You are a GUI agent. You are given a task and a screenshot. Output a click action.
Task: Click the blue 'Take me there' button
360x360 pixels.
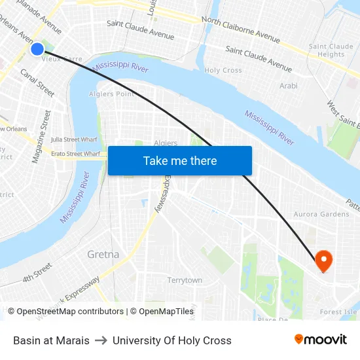coord(179,160)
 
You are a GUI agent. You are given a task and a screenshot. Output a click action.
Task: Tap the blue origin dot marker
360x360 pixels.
coord(37,48)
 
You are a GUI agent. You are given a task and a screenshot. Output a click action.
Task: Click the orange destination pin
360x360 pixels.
coord(323,261)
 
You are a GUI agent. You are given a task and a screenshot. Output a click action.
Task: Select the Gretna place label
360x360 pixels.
coord(103,254)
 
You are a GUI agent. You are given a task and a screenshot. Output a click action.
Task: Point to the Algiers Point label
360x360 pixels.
coord(111,94)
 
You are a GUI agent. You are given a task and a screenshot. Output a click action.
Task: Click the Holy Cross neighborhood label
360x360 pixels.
coord(223,70)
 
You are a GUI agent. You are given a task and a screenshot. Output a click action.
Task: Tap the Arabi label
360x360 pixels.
coord(289,86)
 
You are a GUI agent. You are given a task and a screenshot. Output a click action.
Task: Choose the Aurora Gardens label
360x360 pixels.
coord(321,214)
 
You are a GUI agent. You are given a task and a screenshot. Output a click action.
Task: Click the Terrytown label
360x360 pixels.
coord(185,280)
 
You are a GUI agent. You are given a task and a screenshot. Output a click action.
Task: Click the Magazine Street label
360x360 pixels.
coord(41,136)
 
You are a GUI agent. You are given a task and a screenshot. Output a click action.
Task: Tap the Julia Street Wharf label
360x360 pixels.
coord(75,139)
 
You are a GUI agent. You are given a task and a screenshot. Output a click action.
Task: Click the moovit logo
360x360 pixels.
coord(320,340)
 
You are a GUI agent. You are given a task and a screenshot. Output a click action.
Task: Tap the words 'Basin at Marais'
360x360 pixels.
coord(51,340)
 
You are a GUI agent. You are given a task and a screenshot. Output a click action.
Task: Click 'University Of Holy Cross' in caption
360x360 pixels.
coord(172,340)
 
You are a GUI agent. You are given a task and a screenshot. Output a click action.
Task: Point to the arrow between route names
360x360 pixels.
coord(101,340)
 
